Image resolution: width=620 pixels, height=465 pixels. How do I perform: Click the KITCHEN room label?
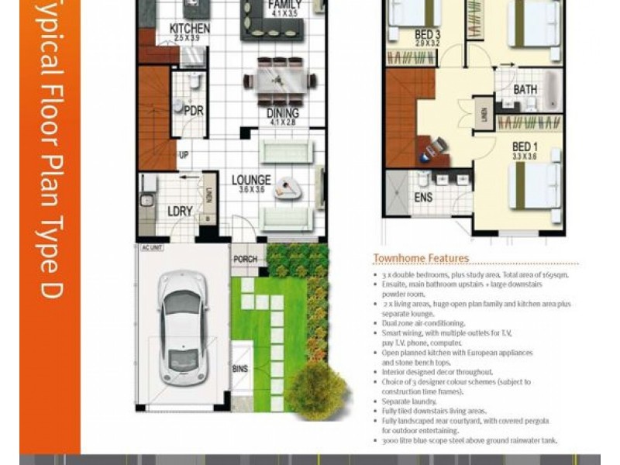189,29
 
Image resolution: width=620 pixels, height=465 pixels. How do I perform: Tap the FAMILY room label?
284,5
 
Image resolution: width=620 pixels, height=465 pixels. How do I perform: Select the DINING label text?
283,112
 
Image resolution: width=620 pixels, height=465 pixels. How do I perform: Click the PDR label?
194,111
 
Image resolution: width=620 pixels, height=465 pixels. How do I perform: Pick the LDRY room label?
180,211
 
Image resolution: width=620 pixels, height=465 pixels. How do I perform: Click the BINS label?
240,369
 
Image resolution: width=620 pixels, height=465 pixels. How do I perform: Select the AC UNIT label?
151,248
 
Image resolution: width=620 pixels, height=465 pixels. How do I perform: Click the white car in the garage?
183,325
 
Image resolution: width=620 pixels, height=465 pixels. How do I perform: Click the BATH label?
525,90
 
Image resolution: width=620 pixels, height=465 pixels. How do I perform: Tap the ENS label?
423,198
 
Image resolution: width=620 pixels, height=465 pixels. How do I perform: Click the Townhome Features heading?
421,258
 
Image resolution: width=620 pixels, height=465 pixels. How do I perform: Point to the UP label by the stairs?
184,156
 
